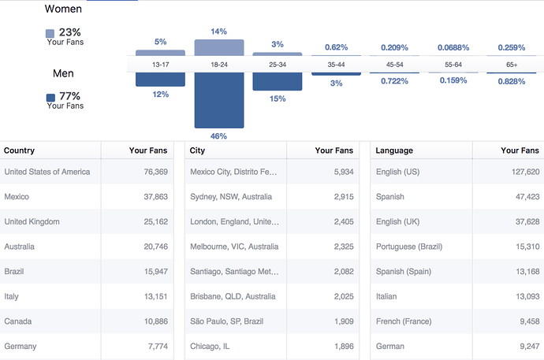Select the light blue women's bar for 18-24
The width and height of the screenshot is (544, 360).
pos(218,47)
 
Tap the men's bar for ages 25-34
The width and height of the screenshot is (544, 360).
pos(277,81)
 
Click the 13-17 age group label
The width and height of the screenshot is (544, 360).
pos(160,65)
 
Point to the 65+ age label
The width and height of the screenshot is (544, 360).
pos(512,65)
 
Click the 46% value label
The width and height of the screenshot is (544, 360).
pos(218,136)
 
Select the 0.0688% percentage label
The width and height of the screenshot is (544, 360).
pos(453,48)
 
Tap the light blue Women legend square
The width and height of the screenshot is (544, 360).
pos(50,34)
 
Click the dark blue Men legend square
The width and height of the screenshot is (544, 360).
pos(50,98)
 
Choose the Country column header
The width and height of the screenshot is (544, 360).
pos(20,150)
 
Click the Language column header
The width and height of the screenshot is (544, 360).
pos(394,150)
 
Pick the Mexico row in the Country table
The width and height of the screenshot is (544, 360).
pos(17,196)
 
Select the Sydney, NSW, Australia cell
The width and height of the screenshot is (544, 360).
pos(234,196)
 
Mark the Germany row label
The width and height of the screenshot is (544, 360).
pos(20,346)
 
